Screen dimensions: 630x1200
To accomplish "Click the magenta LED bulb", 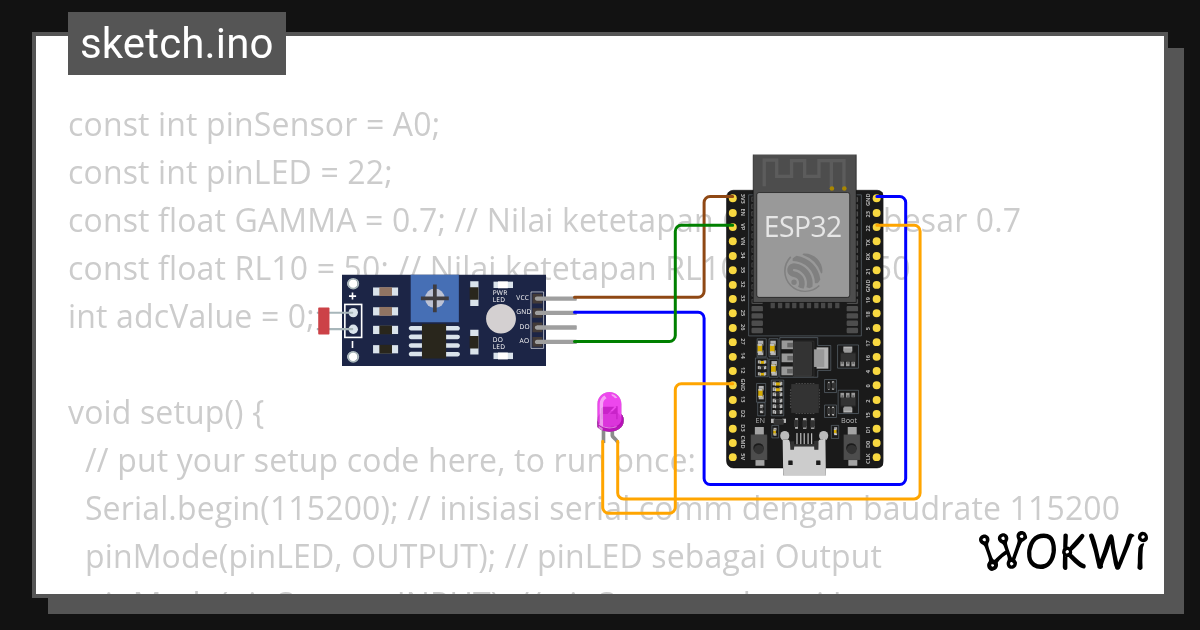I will click(608, 410).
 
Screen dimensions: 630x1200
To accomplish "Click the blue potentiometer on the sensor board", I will click(434, 298).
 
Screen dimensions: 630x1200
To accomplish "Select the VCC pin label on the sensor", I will click(522, 298).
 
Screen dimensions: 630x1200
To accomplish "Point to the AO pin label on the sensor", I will click(523, 341).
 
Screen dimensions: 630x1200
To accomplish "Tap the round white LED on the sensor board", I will click(499, 320).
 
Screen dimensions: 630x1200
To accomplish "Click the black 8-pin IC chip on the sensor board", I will click(433, 342).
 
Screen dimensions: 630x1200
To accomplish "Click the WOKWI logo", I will click(1062, 551).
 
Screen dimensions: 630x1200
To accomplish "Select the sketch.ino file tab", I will click(177, 45).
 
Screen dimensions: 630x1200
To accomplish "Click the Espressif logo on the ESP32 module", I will click(804, 271).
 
